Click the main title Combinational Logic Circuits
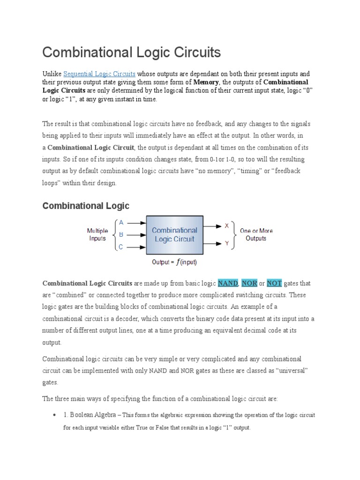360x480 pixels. (131, 52)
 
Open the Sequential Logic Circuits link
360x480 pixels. (99, 74)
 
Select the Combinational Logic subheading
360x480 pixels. (86, 206)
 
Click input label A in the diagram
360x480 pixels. (121, 223)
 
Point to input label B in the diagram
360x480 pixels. (121, 234)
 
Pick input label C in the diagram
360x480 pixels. (121, 247)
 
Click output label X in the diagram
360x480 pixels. (227, 226)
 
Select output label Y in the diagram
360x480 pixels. (227, 243)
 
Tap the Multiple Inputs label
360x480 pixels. (97, 234)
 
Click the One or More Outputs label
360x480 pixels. (256, 234)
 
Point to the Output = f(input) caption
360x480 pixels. (174, 262)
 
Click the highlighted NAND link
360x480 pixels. (228, 284)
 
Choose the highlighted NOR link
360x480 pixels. (250, 284)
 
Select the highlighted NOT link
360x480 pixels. (275, 284)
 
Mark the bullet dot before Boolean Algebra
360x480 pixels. (56, 416)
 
